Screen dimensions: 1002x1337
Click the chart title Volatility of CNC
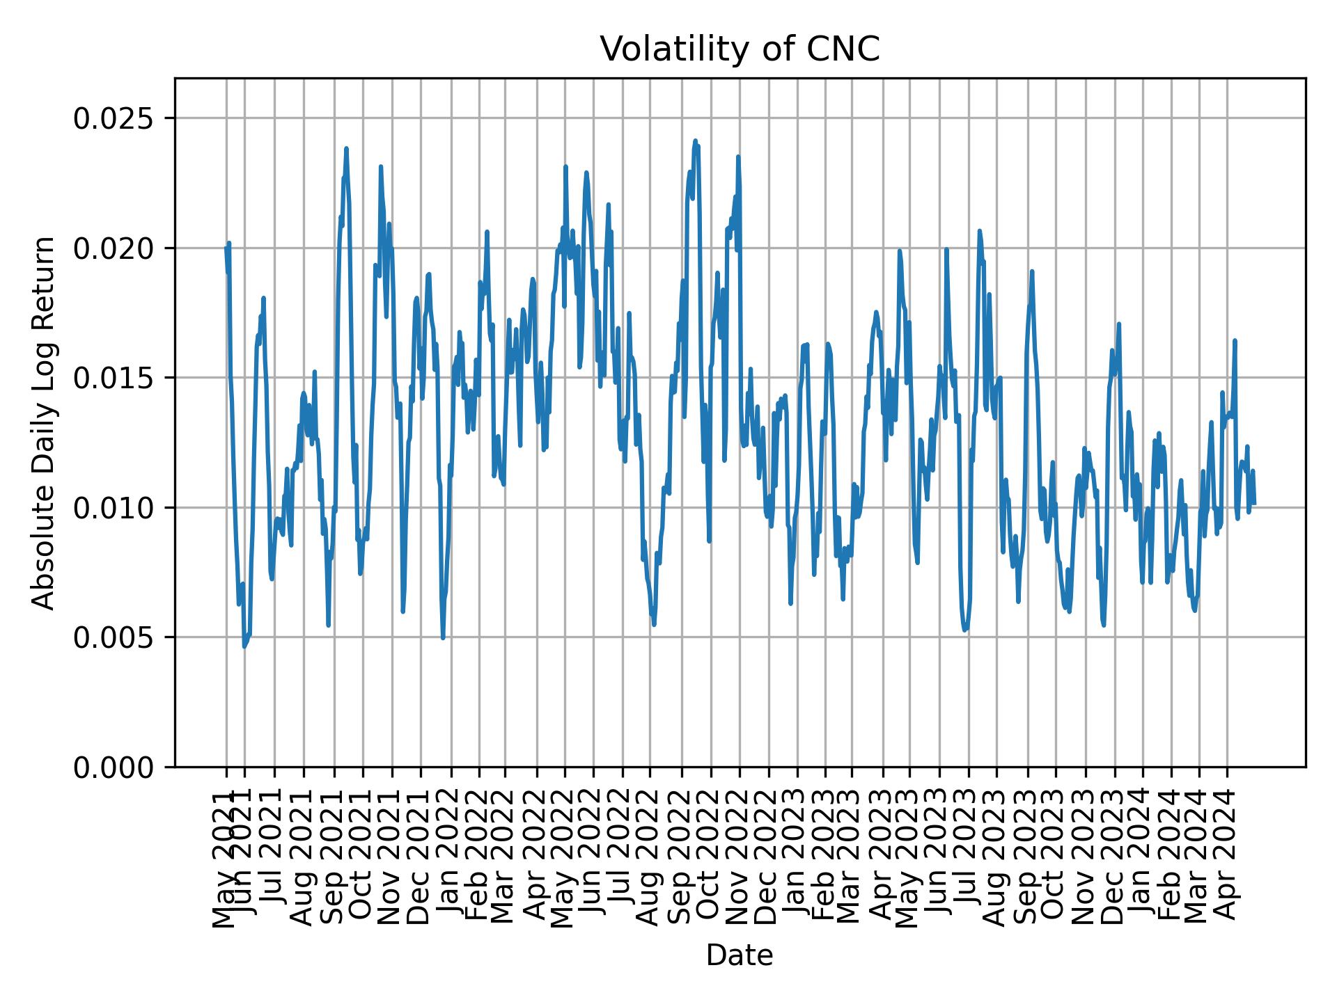click(x=740, y=49)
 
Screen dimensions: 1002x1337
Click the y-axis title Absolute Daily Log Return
click(x=44, y=422)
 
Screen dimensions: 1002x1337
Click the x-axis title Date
click(x=740, y=955)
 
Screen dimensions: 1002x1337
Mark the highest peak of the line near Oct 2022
click(x=695, y=141)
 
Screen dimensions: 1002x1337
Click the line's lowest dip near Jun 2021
click(x=244, y=646)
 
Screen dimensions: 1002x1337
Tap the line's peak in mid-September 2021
click(x=346, y=148)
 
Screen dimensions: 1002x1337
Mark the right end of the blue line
click(x=1254, y=503)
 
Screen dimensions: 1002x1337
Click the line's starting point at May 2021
click(x=226, y=248)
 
